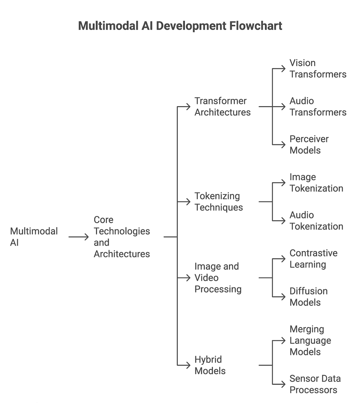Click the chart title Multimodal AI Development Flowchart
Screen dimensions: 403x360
click(180, 26)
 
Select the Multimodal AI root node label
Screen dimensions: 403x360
click(34, 237)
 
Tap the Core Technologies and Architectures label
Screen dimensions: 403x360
click(122, 237)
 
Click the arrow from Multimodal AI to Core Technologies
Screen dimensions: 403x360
click(78, 237)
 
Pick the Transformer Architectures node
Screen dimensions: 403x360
click(222, 107)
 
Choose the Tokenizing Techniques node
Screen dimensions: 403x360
click(219, 201)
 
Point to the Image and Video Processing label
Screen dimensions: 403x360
click(218, 277)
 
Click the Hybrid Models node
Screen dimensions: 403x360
click(210, 365)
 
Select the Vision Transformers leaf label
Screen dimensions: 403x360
click(318, 68)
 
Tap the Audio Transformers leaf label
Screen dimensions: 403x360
click(318, 107)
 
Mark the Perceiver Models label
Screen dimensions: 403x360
click(309, 144)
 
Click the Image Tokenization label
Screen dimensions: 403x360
click(316, 183)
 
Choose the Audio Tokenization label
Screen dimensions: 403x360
click(316, 220)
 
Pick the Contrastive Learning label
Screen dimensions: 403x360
click(313, 259)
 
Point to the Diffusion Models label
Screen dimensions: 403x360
click(308, 297)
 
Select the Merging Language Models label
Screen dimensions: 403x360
click(310, 340)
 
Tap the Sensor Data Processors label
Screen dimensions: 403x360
click(315, 384)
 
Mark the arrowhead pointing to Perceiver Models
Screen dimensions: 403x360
click(283, 144)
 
